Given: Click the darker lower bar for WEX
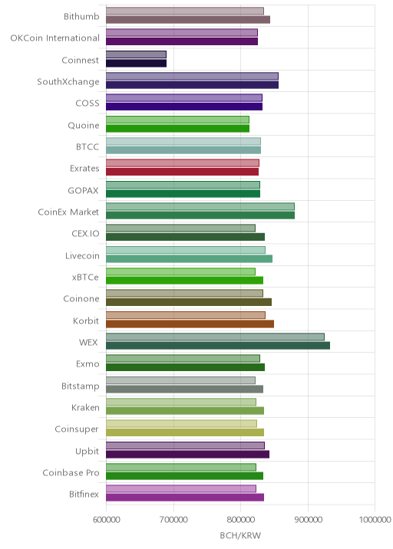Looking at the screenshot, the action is (218, 346).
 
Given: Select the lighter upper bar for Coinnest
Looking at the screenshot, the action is (136, 54).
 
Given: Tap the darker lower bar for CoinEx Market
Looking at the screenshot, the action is (200, 215).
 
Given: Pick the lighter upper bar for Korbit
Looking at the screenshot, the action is (186, 315).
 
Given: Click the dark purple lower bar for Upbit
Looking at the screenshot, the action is (187, 454).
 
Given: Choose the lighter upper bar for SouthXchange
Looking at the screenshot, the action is (192, 77).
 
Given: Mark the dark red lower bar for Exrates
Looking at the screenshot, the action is (183, 172).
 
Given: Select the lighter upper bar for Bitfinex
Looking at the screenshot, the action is (181, 488).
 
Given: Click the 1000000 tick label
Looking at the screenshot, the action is (375, 519).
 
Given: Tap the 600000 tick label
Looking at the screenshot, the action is (106, 519).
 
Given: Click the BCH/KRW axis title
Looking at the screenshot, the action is (240, 535).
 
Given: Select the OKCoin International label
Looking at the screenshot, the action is (55, 38).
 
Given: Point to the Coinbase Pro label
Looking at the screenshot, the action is (71, 472).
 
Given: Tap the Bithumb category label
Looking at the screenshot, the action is (81, 16).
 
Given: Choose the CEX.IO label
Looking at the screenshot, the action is (85, 234).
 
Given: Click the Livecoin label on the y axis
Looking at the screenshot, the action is (82, 255).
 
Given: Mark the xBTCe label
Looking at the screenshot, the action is (85, 278).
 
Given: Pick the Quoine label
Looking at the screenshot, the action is (84, 125).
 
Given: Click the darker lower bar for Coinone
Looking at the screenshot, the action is (189, 302).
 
